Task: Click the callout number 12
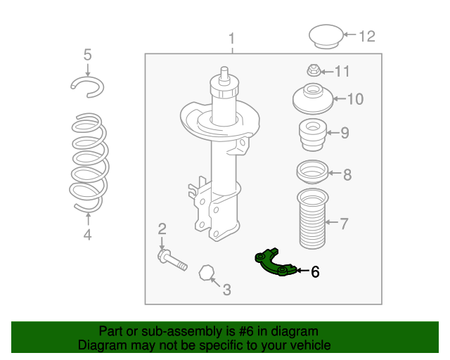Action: point(368,36)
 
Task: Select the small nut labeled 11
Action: point(314,70)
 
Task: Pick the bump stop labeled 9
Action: point(311,134)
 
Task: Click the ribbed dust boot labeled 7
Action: point(311,219)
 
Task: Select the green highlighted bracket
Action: point(274,263)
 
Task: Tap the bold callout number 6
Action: point(315,271)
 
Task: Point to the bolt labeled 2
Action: point(172,261)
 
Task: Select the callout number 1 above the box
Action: point(232,39)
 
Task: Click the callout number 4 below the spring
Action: point(87,236)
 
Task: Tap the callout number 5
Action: point(87,54)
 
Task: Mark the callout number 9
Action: point(345,132)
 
